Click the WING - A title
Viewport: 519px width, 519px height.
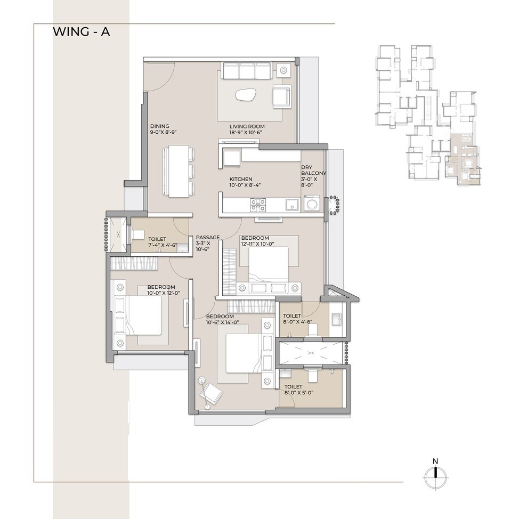coord(81,32)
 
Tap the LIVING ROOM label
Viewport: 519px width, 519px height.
coord(242,126)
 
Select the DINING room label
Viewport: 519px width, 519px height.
coord(159,126)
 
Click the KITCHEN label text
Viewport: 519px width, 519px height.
coord(241,179)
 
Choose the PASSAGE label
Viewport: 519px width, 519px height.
coord(207,237)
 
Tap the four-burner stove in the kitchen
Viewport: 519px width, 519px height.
coord(258,205)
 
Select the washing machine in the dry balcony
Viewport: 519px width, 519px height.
coord(312,204)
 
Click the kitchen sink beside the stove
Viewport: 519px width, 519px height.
coord(291,205)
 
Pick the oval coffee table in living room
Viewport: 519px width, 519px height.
coord(247,96)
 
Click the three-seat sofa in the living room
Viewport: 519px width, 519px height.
coord(247,71)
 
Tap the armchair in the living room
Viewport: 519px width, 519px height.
coord(281,96)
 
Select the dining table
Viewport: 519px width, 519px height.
coord(179,171)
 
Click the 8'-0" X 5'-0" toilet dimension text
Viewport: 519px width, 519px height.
coord(299,393)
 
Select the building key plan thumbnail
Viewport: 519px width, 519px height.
coord(429,115)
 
